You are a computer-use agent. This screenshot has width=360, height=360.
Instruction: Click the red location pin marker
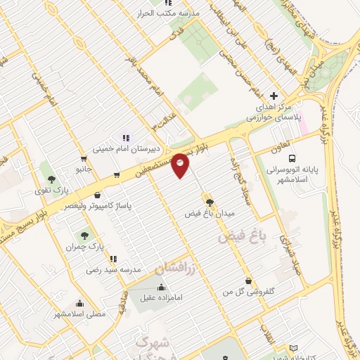[x=181, y=165]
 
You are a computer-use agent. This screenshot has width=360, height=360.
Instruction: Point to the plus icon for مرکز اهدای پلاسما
[x=274, y=96]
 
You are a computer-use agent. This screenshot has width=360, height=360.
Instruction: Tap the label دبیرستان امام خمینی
[x=128, y=149]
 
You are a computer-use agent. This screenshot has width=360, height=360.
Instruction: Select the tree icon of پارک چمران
[x=84, y=236]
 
